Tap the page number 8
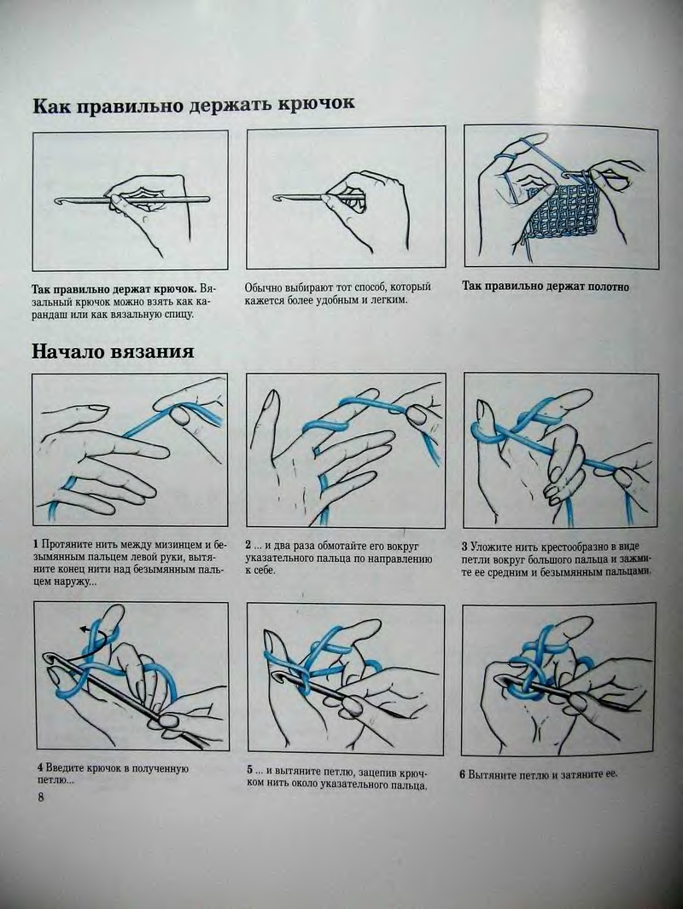(41, 797)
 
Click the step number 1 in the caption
(36, 545)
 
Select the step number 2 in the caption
(248, 546)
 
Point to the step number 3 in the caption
(464, 546)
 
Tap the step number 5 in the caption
(250, 771)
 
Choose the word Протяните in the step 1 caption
(65, 545)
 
